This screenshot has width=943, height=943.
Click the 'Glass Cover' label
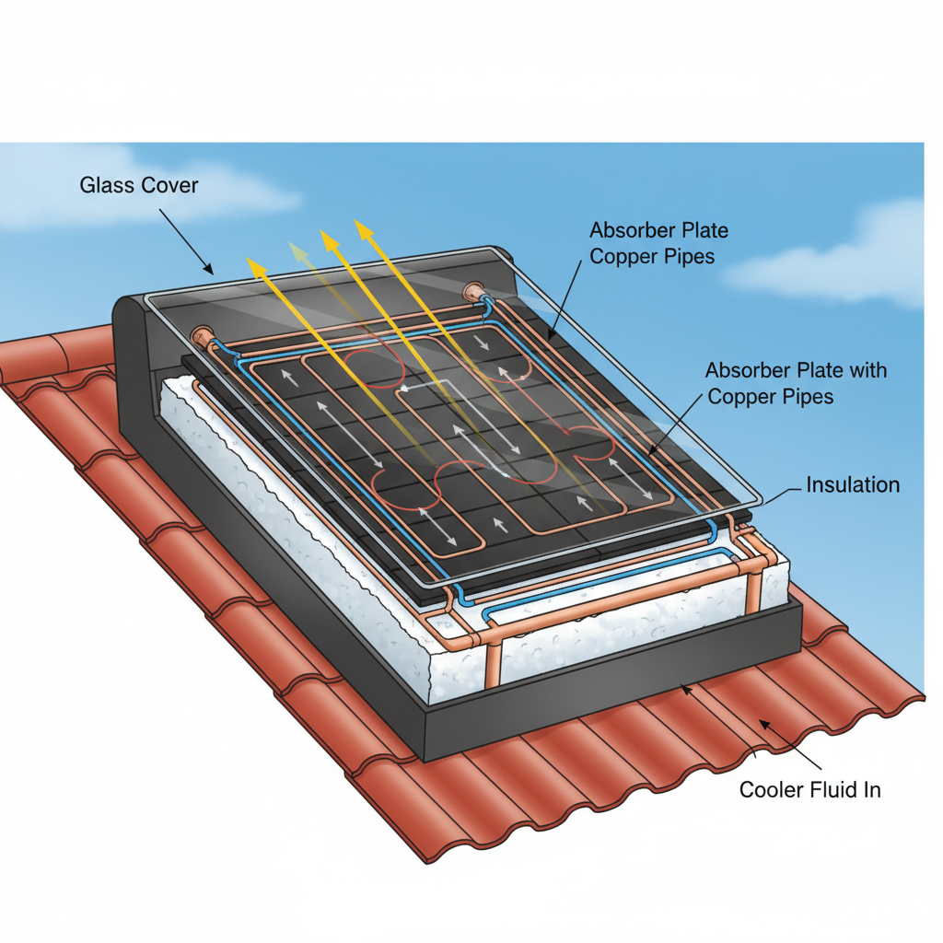(x=139, y=184)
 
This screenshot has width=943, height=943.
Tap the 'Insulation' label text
(x=853, y=484)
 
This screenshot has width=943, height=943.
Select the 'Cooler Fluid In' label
(x=810, y=789)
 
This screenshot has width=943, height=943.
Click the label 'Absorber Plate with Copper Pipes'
(x=796, y=383)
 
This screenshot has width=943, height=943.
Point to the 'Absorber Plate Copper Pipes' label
(x=658, y=243)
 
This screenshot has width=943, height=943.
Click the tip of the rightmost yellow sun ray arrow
(x=356, y=220)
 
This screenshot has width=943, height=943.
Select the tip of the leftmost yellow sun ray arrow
(x=247, y=258)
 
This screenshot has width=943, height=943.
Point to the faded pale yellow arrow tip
(x=290, y=243)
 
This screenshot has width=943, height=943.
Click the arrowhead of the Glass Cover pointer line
(x=212, y=273)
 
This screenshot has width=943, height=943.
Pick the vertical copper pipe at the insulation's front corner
(x=495, y=661)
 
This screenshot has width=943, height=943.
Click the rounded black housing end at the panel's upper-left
(x=135, y=367)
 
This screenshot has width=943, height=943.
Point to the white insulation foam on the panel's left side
(x=288, y=511)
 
